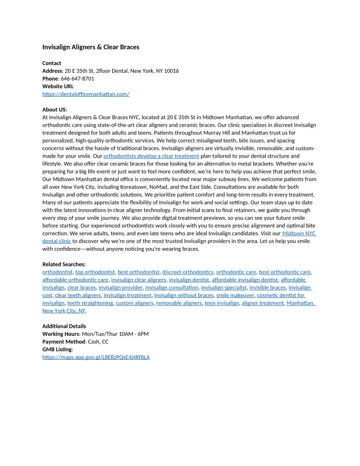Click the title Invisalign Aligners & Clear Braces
pos(90,47)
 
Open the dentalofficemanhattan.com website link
pos(86,94)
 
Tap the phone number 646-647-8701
pos(77,79)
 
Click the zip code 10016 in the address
pos(171,71)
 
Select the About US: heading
pos(55,109)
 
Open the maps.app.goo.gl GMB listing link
pos(96,357)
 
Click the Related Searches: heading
pos(64,264)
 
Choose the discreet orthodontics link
pos(187,272)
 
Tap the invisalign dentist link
pos(189,280)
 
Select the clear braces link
pos(81,288)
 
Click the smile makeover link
pos(235,295)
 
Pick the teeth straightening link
pos(90,303)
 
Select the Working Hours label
pos(60,334)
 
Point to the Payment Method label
pos(63,342)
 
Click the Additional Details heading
pos(64,326)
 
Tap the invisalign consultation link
pos(172,288)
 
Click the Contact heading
pos(52,63)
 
